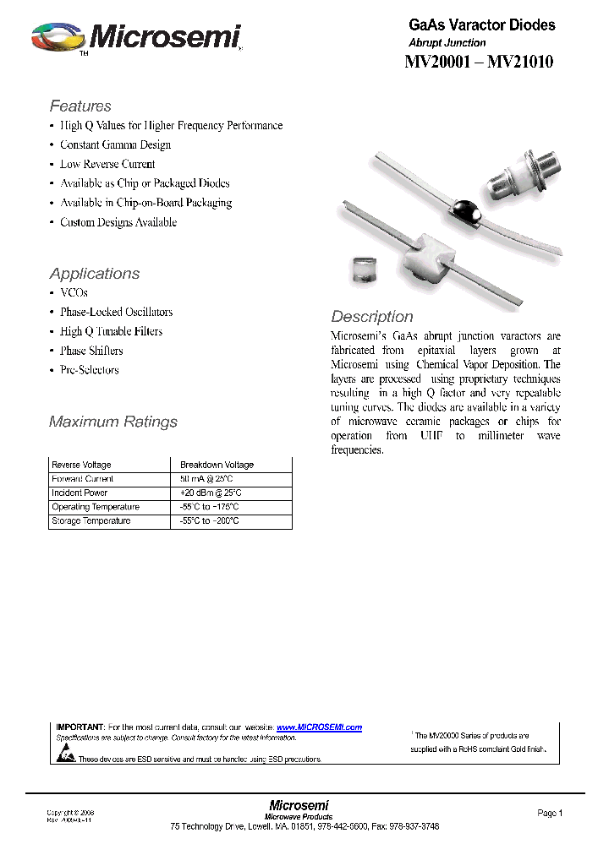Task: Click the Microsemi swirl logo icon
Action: [57, 38]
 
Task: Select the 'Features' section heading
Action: [80, 106]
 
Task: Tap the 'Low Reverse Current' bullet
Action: [107, 164]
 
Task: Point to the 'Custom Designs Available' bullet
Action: [118, 222]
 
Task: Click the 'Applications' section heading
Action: [95, 274]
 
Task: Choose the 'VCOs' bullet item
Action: [74, 292]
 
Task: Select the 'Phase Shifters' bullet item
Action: [91, 351]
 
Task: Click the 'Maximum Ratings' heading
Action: [113, 422]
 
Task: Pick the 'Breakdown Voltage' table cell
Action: [217, 465]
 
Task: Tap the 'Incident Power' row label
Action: [80, 493]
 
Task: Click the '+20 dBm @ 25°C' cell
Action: [211, 493]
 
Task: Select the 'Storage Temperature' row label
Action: [91, 521]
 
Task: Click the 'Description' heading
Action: [372, 317]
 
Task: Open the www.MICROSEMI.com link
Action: [319, 727]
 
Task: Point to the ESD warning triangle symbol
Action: [65, 757]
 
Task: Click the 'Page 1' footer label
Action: [549, 813]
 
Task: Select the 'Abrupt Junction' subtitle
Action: [447, 42]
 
